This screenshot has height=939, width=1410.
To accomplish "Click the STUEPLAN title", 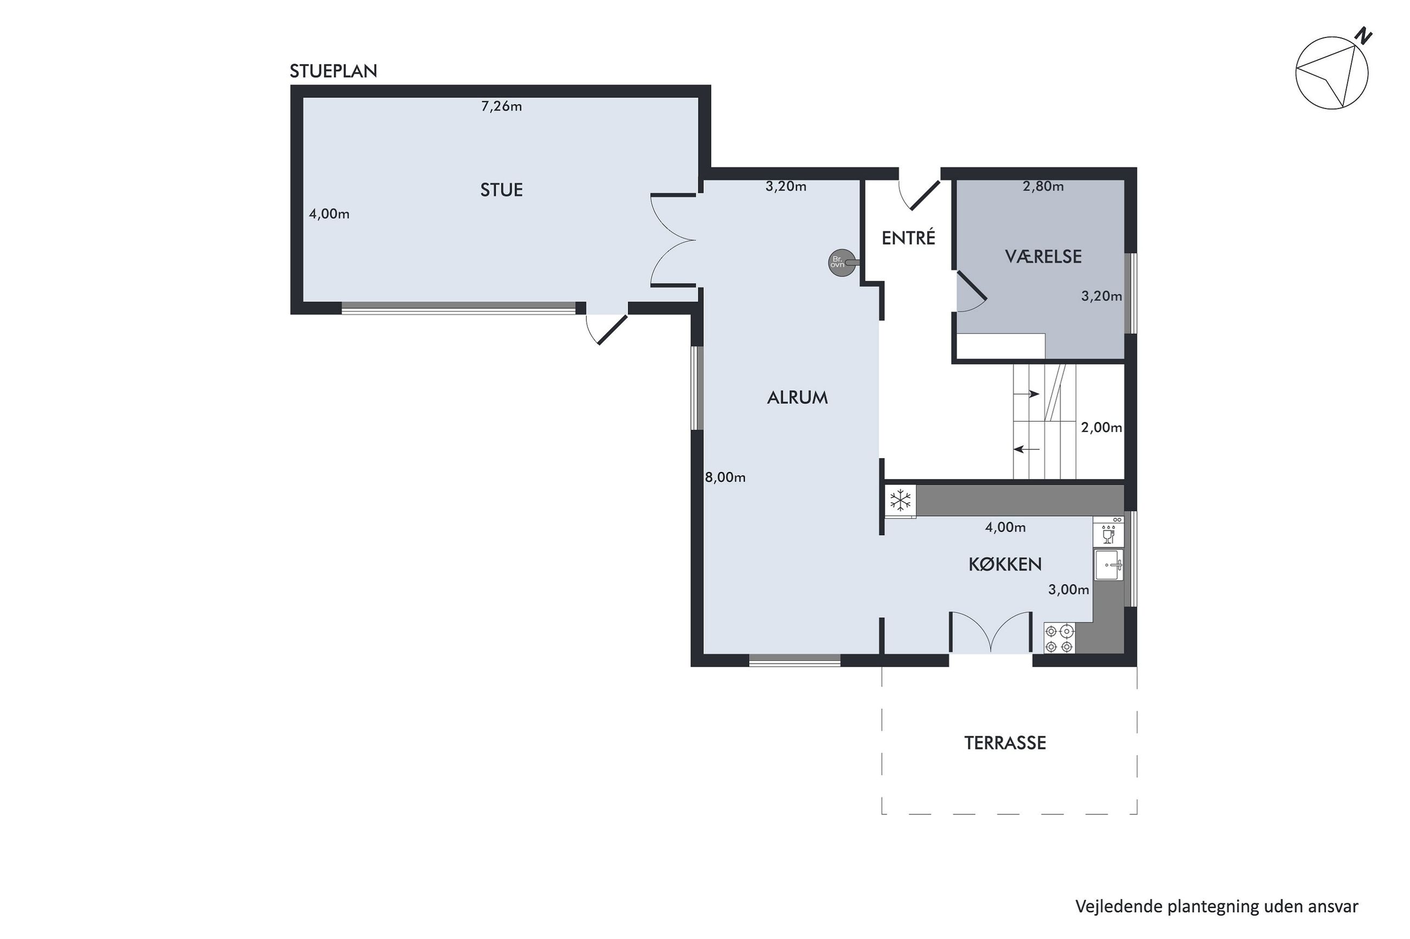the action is pos(333,72).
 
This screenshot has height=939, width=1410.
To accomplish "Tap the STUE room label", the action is pos(502,190).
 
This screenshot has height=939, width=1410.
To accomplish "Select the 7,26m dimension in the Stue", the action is pos(502,107).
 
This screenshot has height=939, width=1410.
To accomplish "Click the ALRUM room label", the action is pos(797,398).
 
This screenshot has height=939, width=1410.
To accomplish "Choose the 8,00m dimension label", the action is pos(725,477).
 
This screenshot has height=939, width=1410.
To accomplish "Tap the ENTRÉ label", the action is pos(908,238).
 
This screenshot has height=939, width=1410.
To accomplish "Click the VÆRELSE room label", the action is pos(1043,257).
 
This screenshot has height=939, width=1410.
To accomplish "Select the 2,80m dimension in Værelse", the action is pos(1043,186).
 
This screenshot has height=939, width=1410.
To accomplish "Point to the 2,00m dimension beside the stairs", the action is pos(1101,428).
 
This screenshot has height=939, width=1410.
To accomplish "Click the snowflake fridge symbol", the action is pos(901,500).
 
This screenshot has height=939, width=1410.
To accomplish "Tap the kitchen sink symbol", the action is pos(1108,565).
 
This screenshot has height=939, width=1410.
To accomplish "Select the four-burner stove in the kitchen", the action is pos(1060,638).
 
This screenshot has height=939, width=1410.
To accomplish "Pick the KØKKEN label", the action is pos(1005,564).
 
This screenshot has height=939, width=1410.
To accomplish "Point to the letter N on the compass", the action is pos(1364,36).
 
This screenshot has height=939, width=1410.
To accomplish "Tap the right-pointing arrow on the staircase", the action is pos(1026,394).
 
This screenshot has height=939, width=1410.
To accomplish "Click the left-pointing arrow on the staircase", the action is pos(1026,449).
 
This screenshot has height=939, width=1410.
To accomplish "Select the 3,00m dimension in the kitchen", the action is pos(1068,590).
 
